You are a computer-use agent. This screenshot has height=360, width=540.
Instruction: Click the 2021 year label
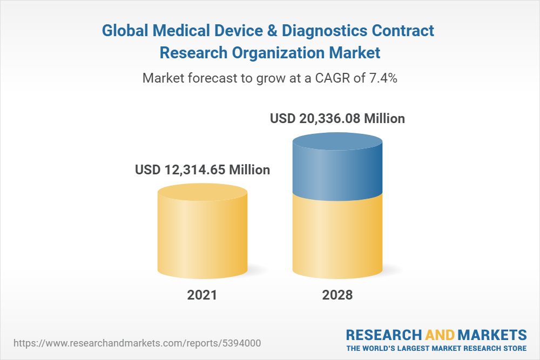click(x=202, y=295)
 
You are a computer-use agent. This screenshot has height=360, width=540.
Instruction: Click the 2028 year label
click(x=337, y=295)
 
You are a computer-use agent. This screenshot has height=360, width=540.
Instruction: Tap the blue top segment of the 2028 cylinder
click(x=337, y=167)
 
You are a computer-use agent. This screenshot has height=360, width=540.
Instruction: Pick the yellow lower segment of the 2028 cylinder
click(x=337, y=237)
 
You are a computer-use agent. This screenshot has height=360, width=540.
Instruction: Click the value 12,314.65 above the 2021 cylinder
click(x=195, y=169)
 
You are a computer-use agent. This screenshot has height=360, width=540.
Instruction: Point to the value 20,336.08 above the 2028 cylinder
click(x=330, y=118)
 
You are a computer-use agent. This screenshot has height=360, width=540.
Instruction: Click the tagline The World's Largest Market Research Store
click(x=436, y=348)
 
